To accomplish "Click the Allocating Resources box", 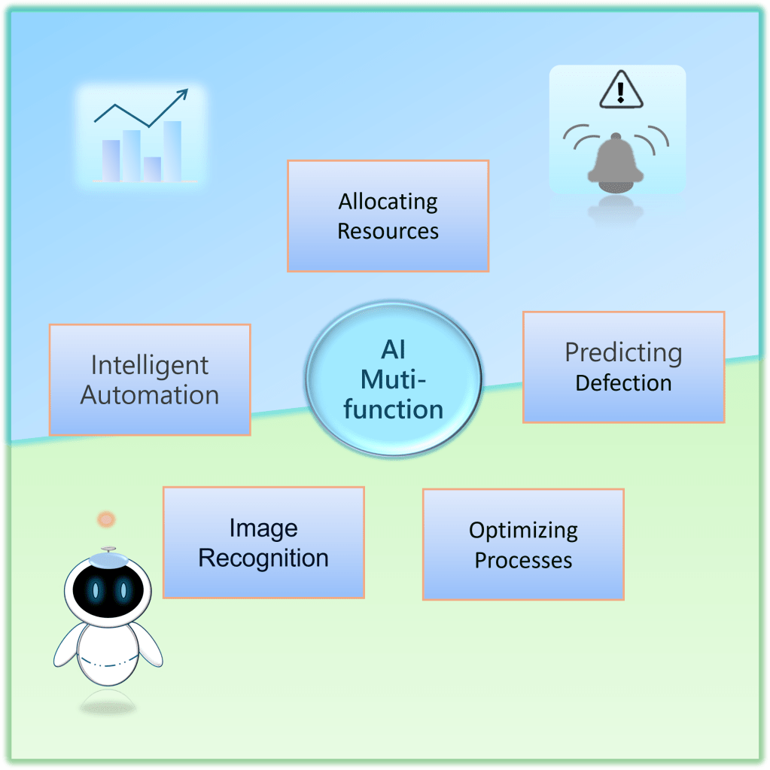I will coord(388,215).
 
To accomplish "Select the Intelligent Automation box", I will coord(149,379).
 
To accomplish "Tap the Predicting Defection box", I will coord(623,367).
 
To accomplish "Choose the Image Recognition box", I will coord(263,542).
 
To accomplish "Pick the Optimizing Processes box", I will coord(523,544).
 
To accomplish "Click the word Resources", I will coord(388,231).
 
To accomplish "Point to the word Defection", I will coord(623,382).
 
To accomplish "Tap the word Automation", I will coord(149,395).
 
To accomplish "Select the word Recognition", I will coord(263,558).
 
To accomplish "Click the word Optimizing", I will coord(523,530).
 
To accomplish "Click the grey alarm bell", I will coord(616,160).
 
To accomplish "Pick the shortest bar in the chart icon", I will coord(152,169).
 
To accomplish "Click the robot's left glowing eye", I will coord(96,590).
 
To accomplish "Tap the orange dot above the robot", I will coord(106,519).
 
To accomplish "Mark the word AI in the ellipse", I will coord(393,349).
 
